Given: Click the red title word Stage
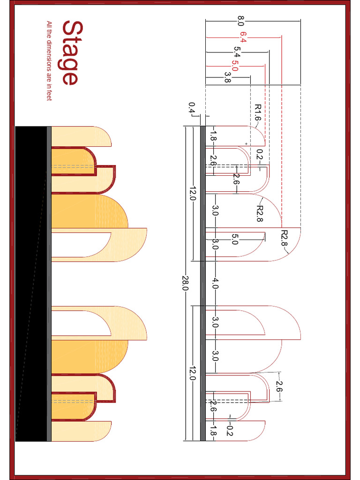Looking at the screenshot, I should [69, 53].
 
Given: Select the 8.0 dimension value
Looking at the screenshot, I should [241, 21].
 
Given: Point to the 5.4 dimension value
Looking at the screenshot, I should [237, 51].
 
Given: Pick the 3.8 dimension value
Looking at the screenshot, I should [228, 77].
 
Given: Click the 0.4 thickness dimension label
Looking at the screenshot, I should [191, 108].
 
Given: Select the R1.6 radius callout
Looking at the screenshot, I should [257, 112].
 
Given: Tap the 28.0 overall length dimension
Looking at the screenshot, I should [185, 283].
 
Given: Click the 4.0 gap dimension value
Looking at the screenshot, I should [215, 283].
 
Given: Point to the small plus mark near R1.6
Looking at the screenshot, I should [246, 143].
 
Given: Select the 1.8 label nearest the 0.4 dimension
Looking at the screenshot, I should [212, 136].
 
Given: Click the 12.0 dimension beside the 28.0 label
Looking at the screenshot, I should [192, 193].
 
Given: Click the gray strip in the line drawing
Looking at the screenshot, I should [203, 283].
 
